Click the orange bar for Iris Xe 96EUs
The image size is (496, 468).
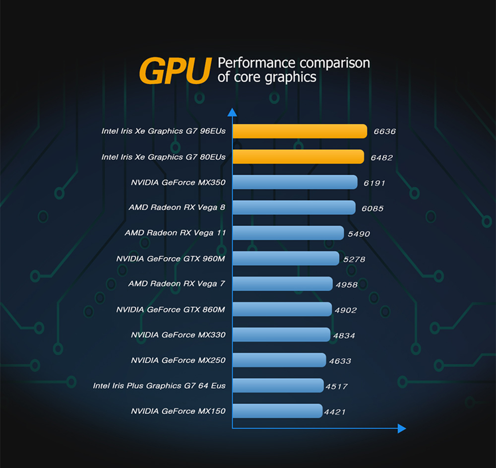click(x=300, y=131)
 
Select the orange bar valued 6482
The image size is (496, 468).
click(x=298, y=157)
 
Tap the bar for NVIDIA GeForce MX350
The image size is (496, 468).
click(x=295, y=182)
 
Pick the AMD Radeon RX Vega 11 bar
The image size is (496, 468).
click(x=288, y=233)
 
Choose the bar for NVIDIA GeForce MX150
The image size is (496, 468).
click(x=277, y=411)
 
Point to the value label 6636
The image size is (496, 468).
click(x=384, y=132)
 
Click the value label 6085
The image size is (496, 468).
click(x=372, y=208)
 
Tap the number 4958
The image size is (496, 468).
click(x=346, y=284)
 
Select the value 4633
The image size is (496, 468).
click(x=340, y=361)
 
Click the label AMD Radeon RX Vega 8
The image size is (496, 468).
click(x=177, y=207)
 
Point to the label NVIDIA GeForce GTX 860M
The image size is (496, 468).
click(x=171, y=310)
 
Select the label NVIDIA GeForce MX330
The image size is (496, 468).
click(x=178, y=335)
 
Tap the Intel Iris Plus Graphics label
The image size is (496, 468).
click(x=159, y=386)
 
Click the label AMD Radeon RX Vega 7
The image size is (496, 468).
click(x=177, y=284)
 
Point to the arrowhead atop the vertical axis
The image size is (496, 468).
click(x=232, y=113)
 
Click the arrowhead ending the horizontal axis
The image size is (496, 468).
click(x=402, y=428)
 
